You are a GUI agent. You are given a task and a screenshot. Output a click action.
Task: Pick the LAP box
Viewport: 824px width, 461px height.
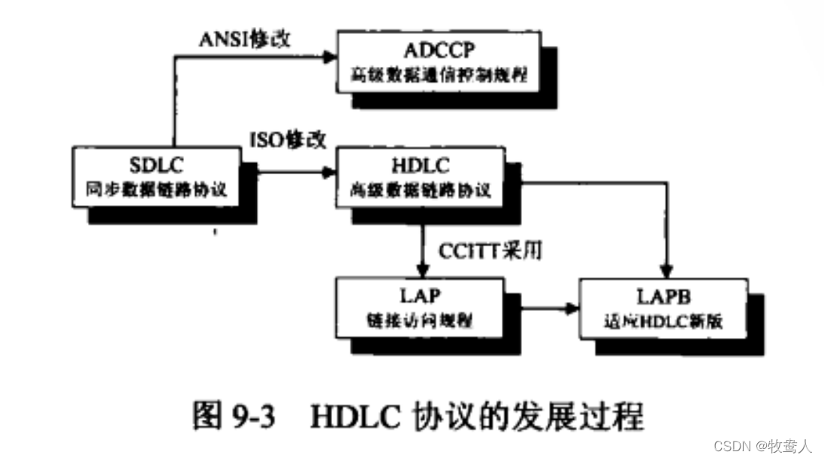(x=419, y=306)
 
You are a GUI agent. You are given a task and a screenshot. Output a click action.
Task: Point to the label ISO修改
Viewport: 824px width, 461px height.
(x=289, y=138)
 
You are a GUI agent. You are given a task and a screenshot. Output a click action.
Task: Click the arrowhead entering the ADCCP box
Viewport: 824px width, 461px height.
(x=330, y=56)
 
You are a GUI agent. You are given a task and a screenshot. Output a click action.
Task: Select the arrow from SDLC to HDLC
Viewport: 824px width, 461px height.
(x=293, y=173)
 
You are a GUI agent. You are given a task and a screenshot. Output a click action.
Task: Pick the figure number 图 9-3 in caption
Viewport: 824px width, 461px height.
(x=233, y=415)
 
